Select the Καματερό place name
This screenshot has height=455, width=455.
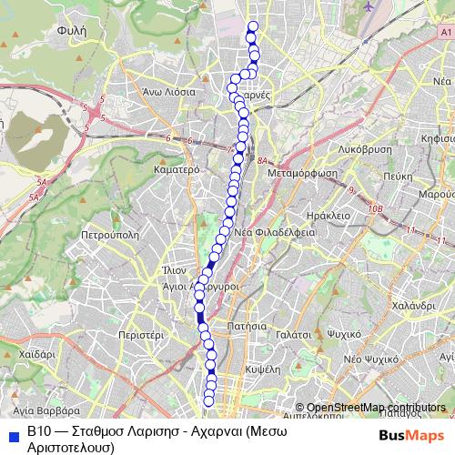[x=177, y=169]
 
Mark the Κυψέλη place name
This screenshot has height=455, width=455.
[x=261, y=372]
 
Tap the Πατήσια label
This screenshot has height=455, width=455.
[x=248, y=325]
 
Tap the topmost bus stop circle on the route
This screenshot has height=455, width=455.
[x=252, y=26]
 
